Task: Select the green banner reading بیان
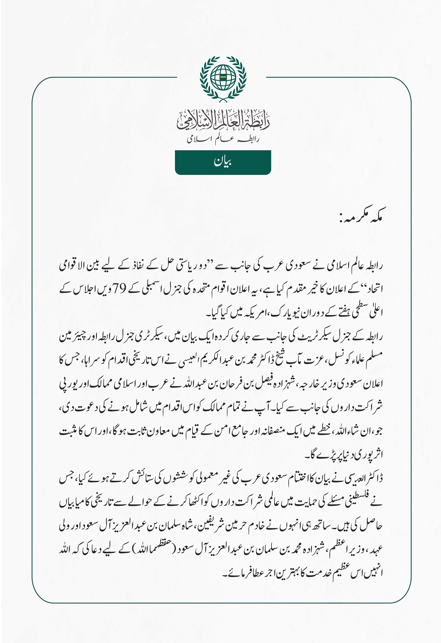(x=223, y=162)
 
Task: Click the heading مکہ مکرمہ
(x=361, y=219)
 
